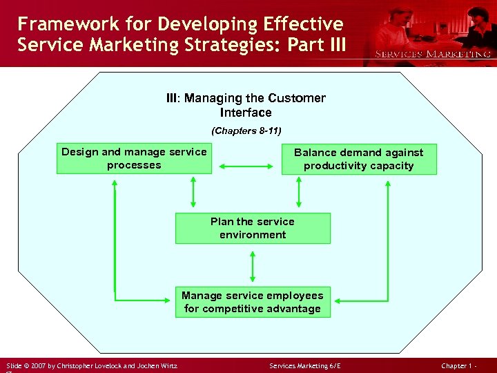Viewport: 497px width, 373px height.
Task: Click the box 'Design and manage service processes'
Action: pos(134,159)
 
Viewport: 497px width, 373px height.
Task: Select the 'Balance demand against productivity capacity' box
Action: pos(359,159)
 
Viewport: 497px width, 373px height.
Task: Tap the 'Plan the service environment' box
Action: pos(253,228)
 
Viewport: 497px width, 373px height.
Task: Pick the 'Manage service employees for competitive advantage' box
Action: pos(253,303)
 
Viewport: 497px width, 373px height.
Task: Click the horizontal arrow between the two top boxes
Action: pos(246,166)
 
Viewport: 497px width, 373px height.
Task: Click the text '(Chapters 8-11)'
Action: pos(246,131)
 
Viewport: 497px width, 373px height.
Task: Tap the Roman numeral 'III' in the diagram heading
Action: pos(173,98)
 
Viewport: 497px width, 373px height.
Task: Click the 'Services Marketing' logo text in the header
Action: pos(432,54)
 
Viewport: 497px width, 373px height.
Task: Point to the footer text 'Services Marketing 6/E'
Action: pos(304,365)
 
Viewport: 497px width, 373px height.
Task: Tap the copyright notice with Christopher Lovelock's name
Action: pos(92,365)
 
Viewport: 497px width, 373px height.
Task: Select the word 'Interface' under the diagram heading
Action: pos(246,113)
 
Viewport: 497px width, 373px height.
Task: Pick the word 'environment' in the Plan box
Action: pos(253,235)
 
